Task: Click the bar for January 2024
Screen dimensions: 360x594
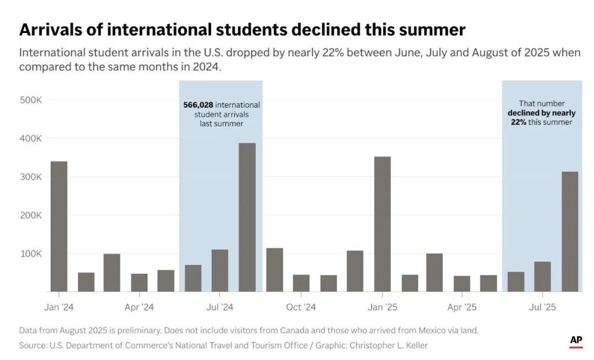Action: (x=59, y=226)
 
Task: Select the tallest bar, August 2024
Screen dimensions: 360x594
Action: (x=247, y=217)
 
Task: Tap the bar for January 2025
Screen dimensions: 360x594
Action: (x=382, y=224)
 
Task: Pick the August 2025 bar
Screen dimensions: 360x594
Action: (x=570, y=231)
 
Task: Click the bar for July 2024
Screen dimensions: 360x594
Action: (x=220, y=270)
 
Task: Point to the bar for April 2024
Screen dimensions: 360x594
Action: (x=139, y=283)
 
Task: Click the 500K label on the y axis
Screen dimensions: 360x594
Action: (x=31, y=100)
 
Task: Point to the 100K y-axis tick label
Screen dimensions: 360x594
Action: (x=31, y=254)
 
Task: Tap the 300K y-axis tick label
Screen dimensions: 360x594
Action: (x=31, y=178)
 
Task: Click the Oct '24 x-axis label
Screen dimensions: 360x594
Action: (x=301, y=307)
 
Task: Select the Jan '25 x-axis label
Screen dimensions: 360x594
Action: (x=382, y=307)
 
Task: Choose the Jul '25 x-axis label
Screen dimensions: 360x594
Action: (x=542, y=307)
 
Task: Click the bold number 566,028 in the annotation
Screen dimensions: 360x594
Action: (x=199, y=104)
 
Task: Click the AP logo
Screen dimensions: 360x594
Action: (x=576, y=341)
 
